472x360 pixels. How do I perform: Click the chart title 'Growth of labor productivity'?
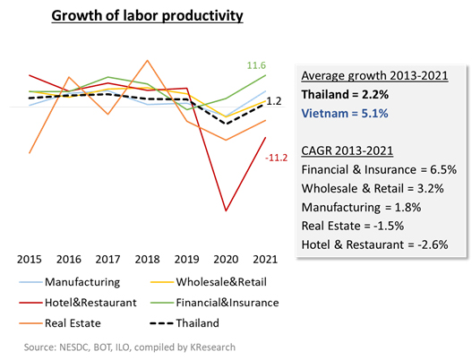pyautogui.click(x=147, y=15)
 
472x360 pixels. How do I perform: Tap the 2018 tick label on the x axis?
pyautogui.click(x=147, y=259)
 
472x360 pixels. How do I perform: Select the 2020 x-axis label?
pyautogui.click(x=226, y=259)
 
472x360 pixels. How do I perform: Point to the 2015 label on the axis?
pyautogui.click(x=30, y=259)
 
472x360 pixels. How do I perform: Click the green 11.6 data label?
pyautogui.click(x=256, y=65)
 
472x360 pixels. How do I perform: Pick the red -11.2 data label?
pyautogui.click(x=277, y=158)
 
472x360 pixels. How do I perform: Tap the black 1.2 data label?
pyautogui.click(x=274, y=101)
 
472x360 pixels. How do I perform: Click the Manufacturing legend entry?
pyautogui.click(x=70, y=282)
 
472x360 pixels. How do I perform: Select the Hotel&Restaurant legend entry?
pyautogui.click(x=78, y=303)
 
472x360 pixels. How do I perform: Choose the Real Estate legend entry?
pyautogui.click(x=60, y=323)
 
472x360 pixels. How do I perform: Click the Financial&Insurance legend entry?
pyautogui.click(x=215, y=303)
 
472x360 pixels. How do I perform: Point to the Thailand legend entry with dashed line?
pyautogui.click(x=185, y=323)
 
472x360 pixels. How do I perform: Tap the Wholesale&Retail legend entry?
pyautogui.click(x=209, y=282)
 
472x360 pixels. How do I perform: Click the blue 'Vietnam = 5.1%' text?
pyautogui.click(x=345, y=114)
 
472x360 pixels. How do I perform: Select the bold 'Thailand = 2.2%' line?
pyautogui.click(x=345, y=95)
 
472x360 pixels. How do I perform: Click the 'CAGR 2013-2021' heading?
pyautogui.click(x=348, y=150)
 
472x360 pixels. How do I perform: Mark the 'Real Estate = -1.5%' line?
pyautogui.click(x=353, y=226)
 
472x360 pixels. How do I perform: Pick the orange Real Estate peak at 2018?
pyautogui.click(x=147, y=61)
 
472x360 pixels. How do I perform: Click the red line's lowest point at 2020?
pyautogui.click(x=226, y=210)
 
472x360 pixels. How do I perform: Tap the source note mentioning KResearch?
pyautogui.click(x=130, y=347)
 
